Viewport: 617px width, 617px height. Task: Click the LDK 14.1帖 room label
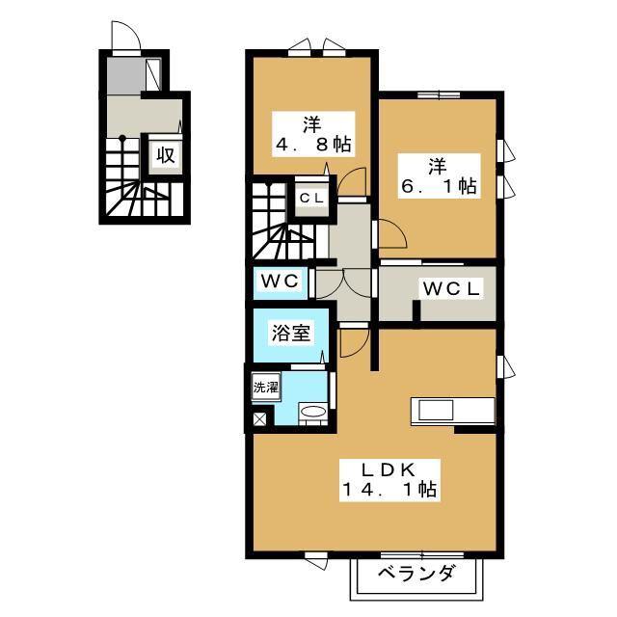click(x=389, y=480)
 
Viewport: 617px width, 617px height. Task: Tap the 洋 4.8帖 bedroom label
click(x=313, y=135)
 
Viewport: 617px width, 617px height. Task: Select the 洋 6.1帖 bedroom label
click(x=440, y=175)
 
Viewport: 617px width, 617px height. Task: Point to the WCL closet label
click(x=451, y=289)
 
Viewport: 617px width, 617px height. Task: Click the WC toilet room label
click(x=281, y=281)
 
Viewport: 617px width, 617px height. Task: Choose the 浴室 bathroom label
click(x=291, y=333)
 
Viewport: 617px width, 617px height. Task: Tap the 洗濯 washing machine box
click(x=266, y=388)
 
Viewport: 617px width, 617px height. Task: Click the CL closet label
click(x=311, y=199)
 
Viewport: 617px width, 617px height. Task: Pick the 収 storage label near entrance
click(x=166, y=155)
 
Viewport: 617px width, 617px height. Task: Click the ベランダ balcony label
click(x=416, y=574)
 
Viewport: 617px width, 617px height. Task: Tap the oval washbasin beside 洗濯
click(x=313, y=412)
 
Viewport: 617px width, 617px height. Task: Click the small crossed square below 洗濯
click(x=259, y=418)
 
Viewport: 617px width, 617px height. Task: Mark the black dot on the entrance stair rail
click(x=122, y=138)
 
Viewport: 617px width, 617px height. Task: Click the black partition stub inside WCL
click(x=416, y=313)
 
